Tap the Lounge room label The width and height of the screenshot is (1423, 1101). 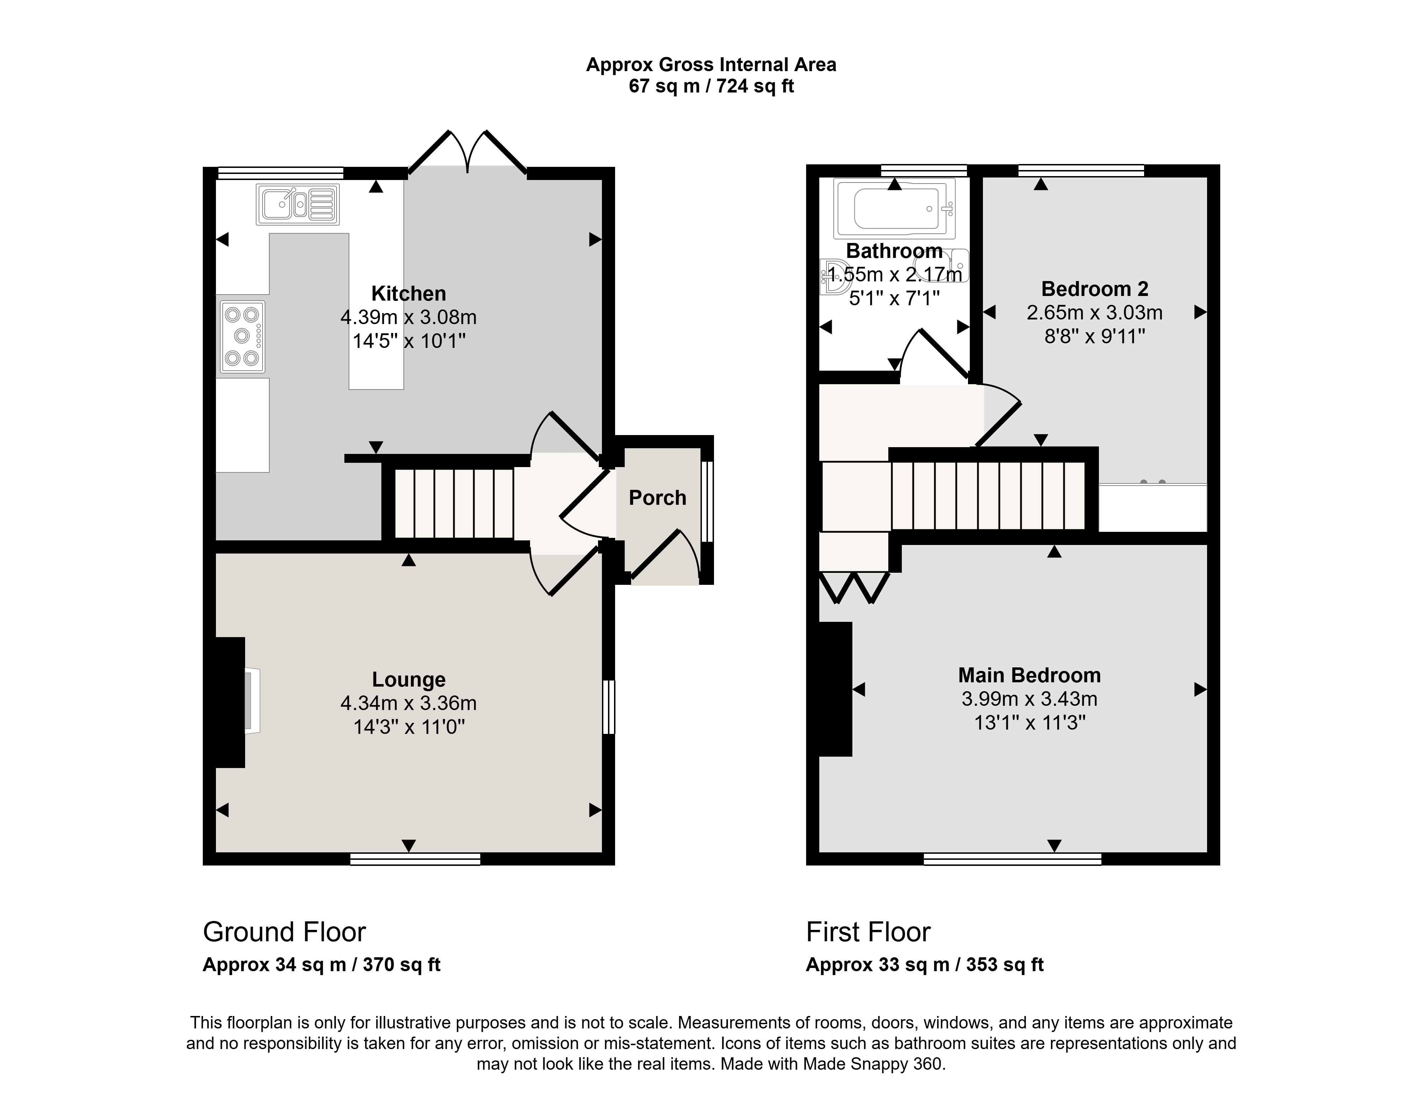point(408,679)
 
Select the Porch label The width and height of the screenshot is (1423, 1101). point(657,498)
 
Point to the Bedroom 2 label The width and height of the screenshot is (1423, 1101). point(1095,289)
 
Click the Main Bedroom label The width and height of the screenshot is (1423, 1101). point(1030,675)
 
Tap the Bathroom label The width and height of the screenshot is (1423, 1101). point(894,251)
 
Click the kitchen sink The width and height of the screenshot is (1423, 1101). point(298,205)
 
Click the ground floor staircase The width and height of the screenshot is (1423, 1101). point(454,504)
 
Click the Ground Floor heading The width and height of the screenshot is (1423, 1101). point(284,932)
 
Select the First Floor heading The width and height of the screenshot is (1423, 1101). point(868,932)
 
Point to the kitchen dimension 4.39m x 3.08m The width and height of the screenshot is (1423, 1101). point(408,317)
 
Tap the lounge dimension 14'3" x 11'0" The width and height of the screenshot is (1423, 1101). point(408,726)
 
